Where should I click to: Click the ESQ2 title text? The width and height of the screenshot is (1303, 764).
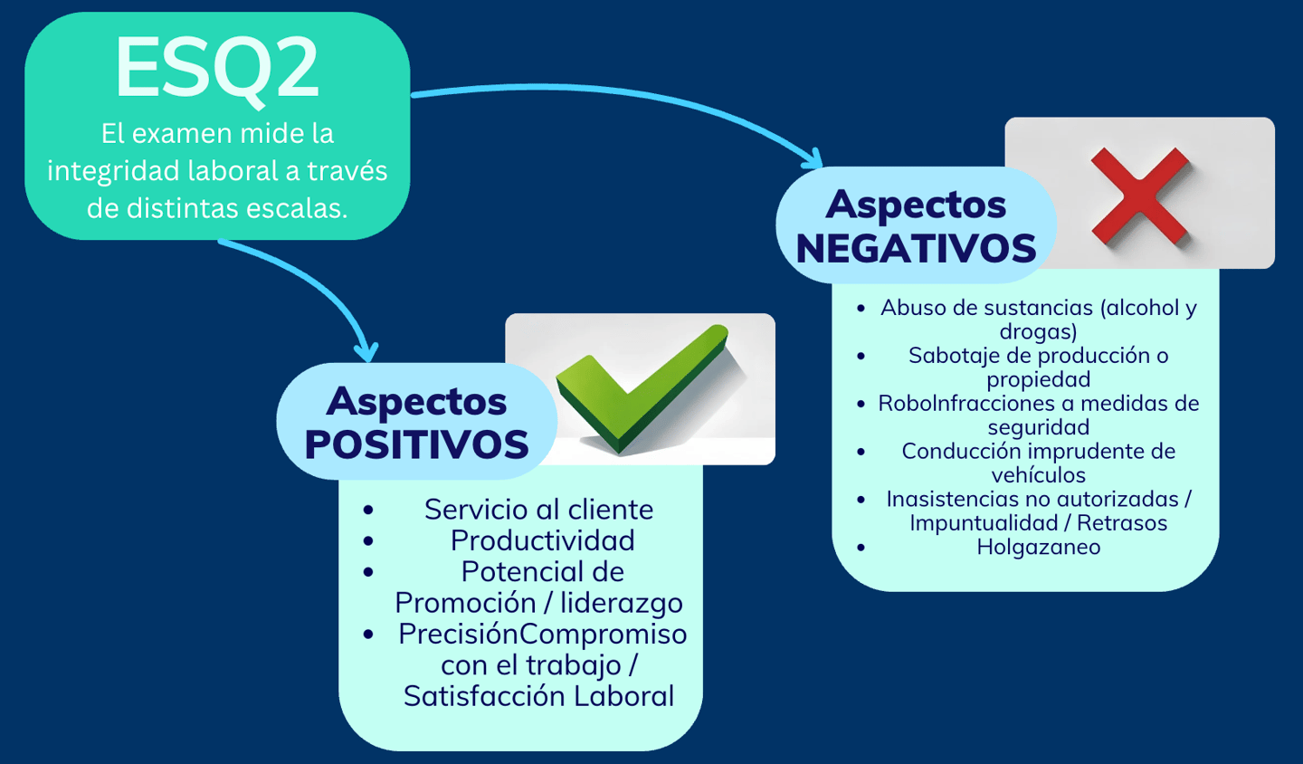pos(216,69)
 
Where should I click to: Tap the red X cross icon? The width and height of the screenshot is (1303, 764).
pos(1139,196)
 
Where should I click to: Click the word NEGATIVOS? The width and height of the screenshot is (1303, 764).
pos(916,248)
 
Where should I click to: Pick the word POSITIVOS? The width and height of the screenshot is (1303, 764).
pos(416,445)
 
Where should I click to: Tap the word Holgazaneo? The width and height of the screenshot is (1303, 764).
pos(1039,547)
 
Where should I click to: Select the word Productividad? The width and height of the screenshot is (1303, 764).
pos(542,540)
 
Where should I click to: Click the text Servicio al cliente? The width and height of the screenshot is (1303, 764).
pos(538,510)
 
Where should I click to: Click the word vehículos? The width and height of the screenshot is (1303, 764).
pos(1039,475)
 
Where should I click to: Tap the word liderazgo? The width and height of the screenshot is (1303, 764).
pos(622,604)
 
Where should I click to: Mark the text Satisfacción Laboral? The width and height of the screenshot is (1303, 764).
pos(538,696)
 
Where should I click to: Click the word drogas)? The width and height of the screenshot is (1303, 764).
pos(1039,331)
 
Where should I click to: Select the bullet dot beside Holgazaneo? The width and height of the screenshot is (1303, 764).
pos(861,548)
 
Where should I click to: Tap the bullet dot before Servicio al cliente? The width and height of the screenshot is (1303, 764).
pos(367,511)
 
